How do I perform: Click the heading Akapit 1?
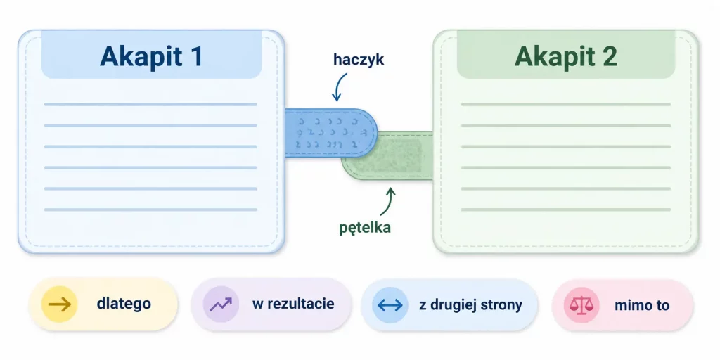click(x=152, y=57)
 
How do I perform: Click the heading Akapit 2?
click(x=566, y=57)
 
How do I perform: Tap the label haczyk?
click(x=359, y=60)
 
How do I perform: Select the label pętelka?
click(x=365, y=226)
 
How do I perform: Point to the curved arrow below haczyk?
click(x=338, y=86)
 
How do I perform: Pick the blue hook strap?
click(x=331, y=133)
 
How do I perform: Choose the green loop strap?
click(x=387, y=155)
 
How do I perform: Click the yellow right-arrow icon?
click(x=60, y=304)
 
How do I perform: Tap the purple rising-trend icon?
click(x=221, y=304)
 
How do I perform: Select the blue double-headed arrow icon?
click(x=390, y=304)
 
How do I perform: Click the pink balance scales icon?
click(x=581, y=305)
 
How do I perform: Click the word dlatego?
click(x=124, y=304)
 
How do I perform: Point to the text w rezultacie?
click(x=293, y=304)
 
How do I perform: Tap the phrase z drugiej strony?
click(x=470, y=305)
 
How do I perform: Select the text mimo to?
click(x=642, y=305)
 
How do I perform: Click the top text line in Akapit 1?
click(x=150, y=104)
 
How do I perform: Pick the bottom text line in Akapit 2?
click(x=566, y=210)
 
